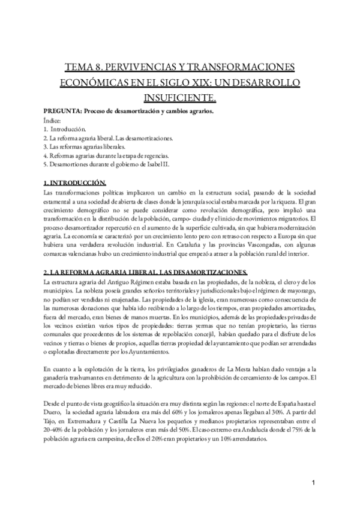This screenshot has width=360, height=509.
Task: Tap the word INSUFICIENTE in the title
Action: [x=179, y=96]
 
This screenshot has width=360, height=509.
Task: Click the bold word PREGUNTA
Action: [x=62, y=111]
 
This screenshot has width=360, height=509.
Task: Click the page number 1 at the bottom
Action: [x=314, y=484]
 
